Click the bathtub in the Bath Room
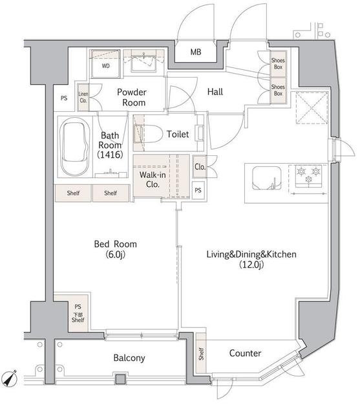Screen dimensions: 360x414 [x=74, y=147]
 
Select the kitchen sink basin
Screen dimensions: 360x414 [x=267, y=178]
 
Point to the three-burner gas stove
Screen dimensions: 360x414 [x=308, y=176]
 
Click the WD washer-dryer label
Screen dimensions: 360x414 [x=105, y=66]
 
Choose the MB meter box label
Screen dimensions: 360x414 [x=196, y=52]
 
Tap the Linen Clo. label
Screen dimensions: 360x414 [x=83, y=97]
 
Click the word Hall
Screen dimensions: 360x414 [x=215, y=92]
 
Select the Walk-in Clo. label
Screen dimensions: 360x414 [x=153, y=180]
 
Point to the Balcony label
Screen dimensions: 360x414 [x=129, y=358]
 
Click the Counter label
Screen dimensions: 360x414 [x=245, y=353]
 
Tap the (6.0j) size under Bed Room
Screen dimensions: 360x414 [x=115, y=254]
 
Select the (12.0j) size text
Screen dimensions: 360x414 [x=251, y=265]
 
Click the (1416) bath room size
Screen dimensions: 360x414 [x=110, y=155]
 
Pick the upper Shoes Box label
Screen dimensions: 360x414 [x=278, y=63]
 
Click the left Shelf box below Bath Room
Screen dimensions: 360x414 [x=73, y=193]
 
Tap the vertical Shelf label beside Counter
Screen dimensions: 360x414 [x=201, y=354]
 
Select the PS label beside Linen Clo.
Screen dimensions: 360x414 [x=64, y=98]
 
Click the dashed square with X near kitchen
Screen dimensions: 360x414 [x=312, y=108]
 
